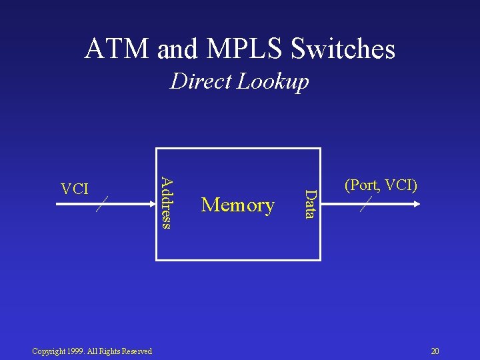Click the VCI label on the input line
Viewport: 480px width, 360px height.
point(75,189)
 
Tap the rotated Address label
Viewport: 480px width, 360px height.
point(167,201)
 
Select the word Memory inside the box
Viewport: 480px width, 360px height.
point(238,205)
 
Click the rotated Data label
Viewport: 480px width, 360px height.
point(310,203)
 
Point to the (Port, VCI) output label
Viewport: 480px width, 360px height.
point(381,185)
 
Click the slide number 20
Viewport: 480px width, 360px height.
point(435,351)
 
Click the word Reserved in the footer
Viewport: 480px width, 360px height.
point(137,351)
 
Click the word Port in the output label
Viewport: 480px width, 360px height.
point(363,185)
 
